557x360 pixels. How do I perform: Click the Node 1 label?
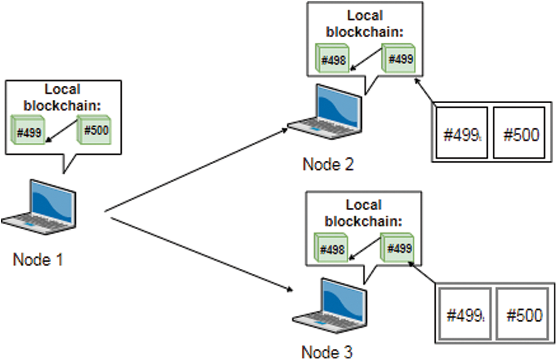pyautogui.click(x=38, y=260)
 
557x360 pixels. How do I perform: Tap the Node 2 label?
pyautogui.click(x=328, y=164)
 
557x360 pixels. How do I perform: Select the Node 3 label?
pyautogui.click(x=327, y=351)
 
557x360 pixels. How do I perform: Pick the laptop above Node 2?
pyautogui.click(x=325, y=113)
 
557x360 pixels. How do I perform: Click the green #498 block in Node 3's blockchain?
pyautogui.click(x=331, y=249)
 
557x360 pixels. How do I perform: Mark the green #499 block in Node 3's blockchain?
pyautogui.click(x=397, y=248)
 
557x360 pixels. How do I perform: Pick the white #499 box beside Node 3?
pyautogui.click(x=464, y=315)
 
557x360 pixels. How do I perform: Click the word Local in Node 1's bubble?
pyautogui.click(x=62, y=89)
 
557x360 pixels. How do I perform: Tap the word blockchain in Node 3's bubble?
pyautogui.click(x=363, y=221)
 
